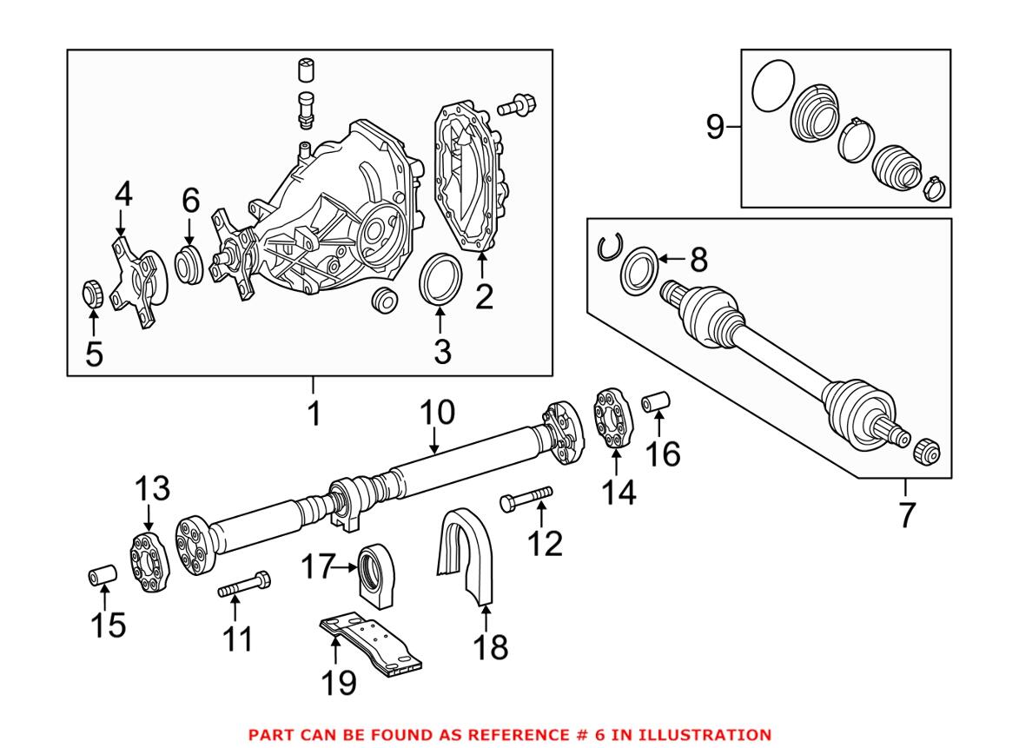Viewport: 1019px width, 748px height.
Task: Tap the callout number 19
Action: click(340, 683)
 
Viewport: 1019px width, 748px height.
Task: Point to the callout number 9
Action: click(715, 128)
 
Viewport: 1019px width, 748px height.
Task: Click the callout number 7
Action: click(906, 514)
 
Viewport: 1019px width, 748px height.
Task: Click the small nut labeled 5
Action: click(93, 294)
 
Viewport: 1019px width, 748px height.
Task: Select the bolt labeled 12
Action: click(526, 500)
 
